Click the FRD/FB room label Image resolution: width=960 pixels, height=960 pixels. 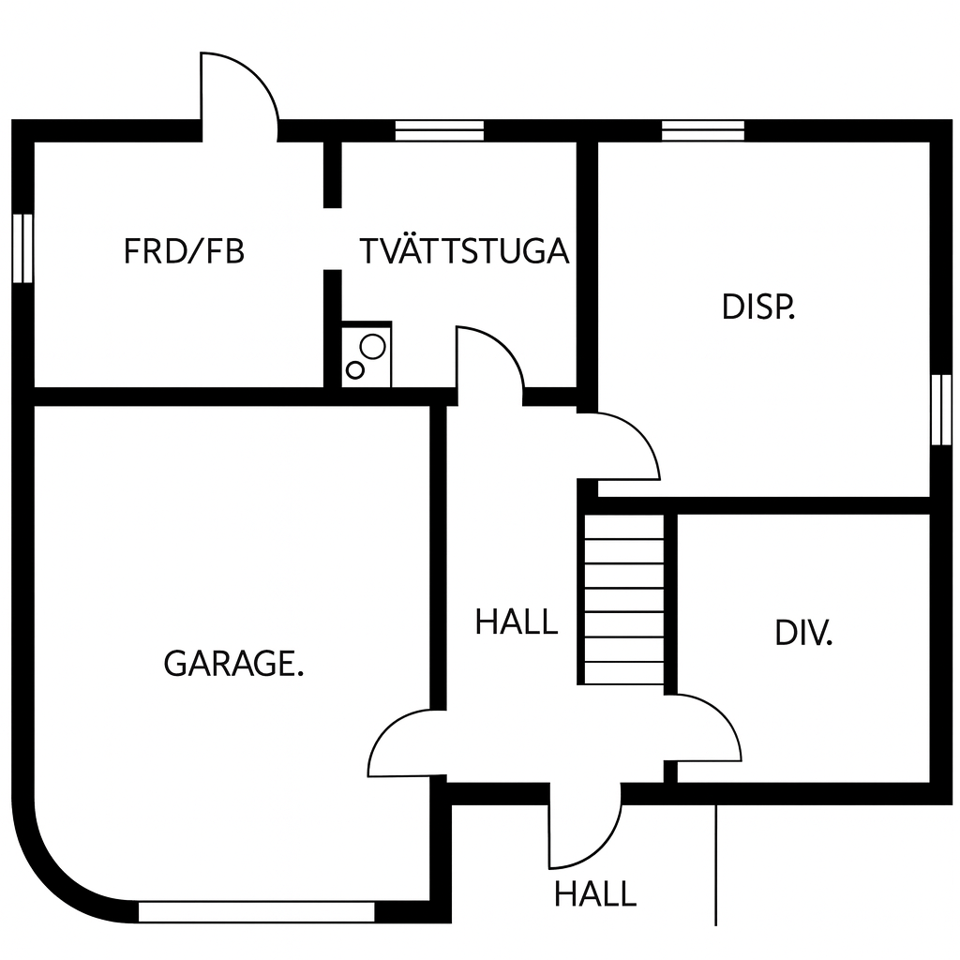[x=185, y=251]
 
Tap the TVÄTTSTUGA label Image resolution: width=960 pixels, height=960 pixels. [x=464, y=250]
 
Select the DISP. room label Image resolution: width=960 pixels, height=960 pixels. [x=757, y=307]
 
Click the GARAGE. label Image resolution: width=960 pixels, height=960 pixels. [x=233, y=664]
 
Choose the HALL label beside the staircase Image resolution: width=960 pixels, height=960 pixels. [x=517, y=622]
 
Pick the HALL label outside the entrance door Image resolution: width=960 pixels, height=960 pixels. [x=595, y=894]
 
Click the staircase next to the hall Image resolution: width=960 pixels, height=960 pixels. [x=623, y=599]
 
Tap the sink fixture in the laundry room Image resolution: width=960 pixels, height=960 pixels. [x=367, y=355]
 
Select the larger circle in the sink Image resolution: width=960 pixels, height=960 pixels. [x=372, y=347]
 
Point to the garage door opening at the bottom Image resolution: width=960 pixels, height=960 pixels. [x=257, y=911]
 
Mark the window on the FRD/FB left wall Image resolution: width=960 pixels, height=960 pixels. [x=22, y=247]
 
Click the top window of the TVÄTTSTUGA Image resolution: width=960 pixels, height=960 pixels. [x=439, y=130]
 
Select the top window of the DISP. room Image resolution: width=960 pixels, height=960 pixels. [x=703, y=130]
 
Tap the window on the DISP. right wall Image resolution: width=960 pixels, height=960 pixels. [x=940, y=410]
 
